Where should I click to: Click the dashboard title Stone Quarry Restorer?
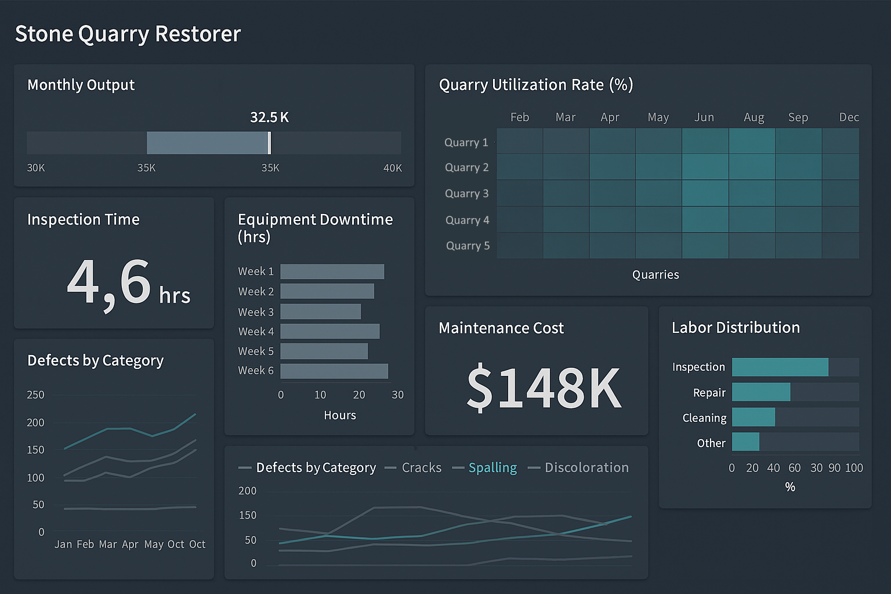point(128,34)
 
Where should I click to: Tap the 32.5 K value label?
point(269,117)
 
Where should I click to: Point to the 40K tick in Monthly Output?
point(393,168)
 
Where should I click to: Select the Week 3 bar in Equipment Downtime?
point(320,312)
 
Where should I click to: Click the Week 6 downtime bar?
point(334,371)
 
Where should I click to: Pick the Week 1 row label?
point(256,271)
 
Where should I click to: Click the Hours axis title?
point(340,415)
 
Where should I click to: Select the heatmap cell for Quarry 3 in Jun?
point(705,193)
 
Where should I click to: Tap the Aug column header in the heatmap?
point(754,117)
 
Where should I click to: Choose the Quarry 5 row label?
point(468,246)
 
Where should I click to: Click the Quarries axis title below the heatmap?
point(655,275)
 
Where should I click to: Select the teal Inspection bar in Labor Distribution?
point(780,367)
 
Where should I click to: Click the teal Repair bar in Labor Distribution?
point(761,392)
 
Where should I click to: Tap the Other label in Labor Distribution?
point(711,443)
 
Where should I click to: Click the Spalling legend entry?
point(492,468)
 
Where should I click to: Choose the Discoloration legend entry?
point(586,468)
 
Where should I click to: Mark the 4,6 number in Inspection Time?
point(109,283)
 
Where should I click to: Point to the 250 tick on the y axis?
point(35,395)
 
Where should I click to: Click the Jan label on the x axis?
point(63,544)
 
